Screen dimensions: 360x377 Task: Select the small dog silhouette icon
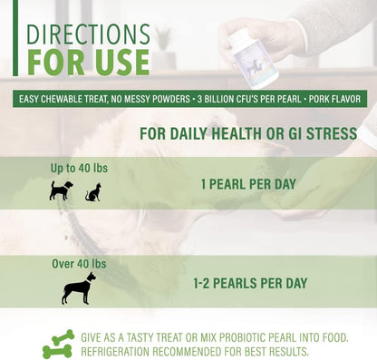coord(61,191)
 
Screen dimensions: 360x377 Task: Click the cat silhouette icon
coord(92,192)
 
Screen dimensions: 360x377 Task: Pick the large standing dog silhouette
coord(78,288)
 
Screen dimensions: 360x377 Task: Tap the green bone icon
coord(58,344)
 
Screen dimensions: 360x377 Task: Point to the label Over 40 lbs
coord(78,264)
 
